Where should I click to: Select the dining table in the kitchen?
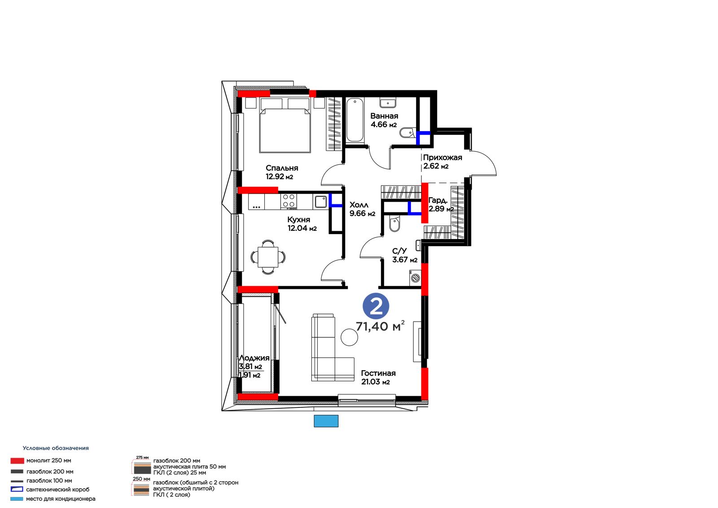[x=268, y=257]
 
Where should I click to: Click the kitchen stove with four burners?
[x=289, y=202]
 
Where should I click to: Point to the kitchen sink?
[x=320, y=202]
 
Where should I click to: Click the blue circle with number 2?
[x=376, y=306]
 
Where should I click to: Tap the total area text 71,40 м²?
[x=380, y=326]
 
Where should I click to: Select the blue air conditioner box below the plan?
[x=326, y=421]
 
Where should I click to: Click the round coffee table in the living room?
[x=349, y=337]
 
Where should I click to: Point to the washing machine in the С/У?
[x=416, y=278]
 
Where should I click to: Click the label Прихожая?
[x=442, y=158]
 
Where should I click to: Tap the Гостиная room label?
[x=378, y=373]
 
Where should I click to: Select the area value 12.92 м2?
[x=279, y=177]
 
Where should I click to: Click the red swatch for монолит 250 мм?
[x=17, y=461]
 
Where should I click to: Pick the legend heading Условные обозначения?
[x=56, y=448]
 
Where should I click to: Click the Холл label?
[x=359, y=205]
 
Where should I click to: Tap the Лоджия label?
[x=254, y=358]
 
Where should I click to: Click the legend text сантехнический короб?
[x=58, y=490]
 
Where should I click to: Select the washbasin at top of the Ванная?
[x=388, y=103]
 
